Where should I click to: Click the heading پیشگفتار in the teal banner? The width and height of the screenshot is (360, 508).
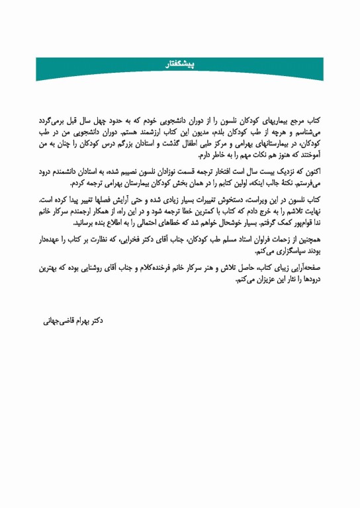click(x=180, y=64)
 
